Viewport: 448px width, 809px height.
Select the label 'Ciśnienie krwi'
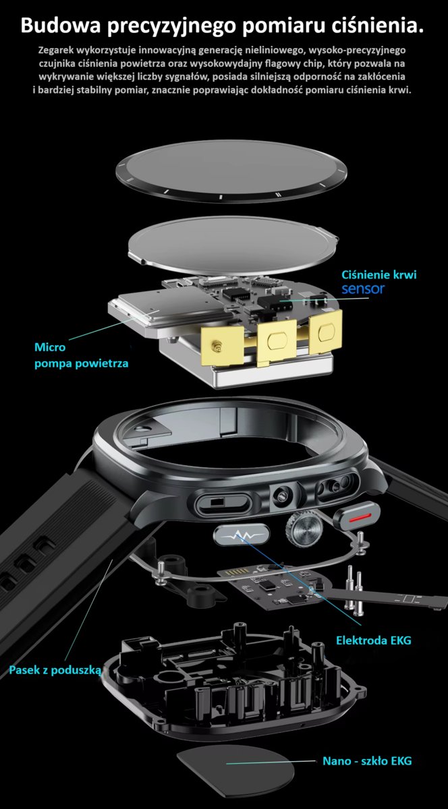pyautogui.click(x=379, y=275)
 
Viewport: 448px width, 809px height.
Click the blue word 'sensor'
pyautogui.click(x=363, y=289)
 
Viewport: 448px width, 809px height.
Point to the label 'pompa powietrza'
pyautogui.click(x=82, y=363)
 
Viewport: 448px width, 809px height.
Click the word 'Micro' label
pyautogui.click(x=50, y=347)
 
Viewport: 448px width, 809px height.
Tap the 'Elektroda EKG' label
pyautogui.click(x=374, y=640)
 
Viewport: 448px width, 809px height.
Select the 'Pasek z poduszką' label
pyautogui.click(x=55, y=670)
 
